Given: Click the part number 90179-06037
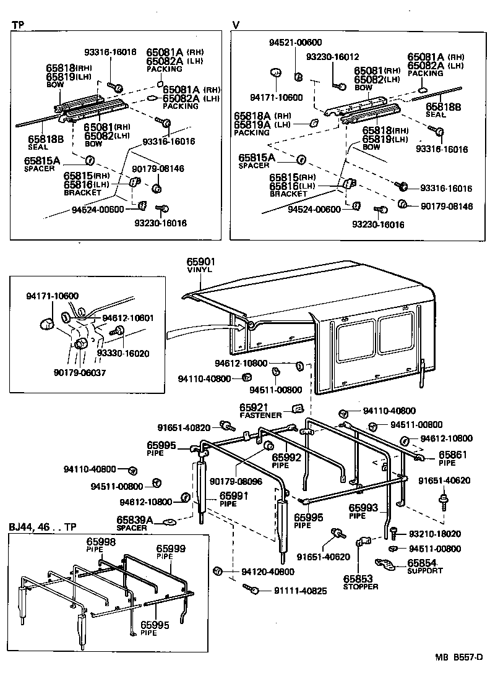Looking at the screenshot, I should (80, 372).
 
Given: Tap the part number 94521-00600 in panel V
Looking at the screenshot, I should (295, 42).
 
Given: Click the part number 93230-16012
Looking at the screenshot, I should (332, 56).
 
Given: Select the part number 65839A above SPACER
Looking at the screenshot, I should (134, 520).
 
